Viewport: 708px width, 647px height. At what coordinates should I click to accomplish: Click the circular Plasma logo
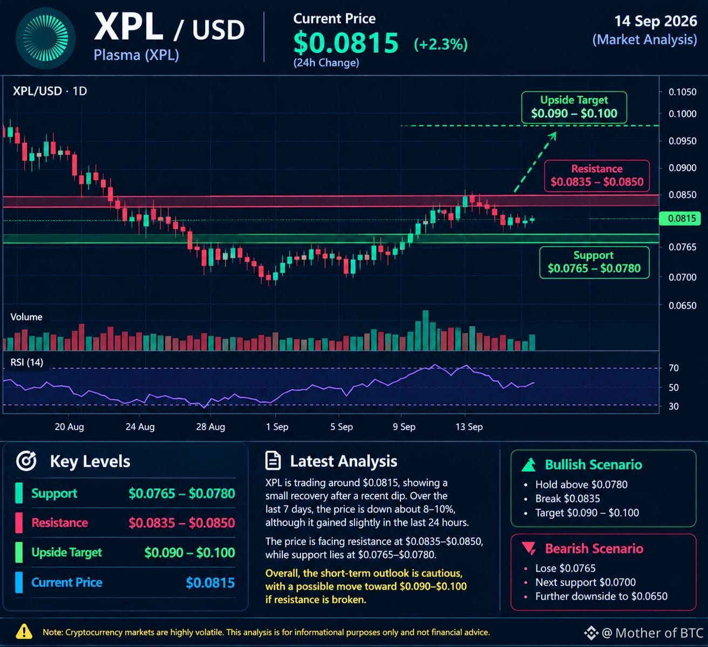45,38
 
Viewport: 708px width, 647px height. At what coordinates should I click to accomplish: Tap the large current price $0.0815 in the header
346,43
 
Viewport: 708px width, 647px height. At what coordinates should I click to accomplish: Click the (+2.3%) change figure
441,44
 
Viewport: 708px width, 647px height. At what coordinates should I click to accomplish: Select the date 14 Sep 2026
656,21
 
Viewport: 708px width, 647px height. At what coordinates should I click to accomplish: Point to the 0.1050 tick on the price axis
682,92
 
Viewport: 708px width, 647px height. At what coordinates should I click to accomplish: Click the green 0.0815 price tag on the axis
679,219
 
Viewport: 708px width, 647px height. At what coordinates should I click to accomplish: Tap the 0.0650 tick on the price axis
682,305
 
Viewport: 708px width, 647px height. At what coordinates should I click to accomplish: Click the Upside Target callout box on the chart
574,107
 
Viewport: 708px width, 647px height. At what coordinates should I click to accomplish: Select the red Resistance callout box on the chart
597,176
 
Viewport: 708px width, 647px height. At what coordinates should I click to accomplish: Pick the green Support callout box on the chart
594,262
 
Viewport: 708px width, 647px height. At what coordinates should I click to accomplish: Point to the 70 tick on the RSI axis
673,368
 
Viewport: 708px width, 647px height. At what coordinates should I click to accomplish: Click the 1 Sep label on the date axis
277,427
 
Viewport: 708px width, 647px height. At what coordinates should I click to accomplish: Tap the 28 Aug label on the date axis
210,427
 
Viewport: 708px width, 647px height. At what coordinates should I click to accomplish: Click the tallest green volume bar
425,330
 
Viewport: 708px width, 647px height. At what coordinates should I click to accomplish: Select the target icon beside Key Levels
26,461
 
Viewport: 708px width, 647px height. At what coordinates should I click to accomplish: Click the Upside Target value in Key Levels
189,553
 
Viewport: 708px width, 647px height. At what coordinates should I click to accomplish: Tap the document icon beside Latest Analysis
273,460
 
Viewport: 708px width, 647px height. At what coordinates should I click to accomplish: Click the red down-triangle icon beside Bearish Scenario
529,548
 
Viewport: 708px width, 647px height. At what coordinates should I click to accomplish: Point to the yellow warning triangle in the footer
24,632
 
